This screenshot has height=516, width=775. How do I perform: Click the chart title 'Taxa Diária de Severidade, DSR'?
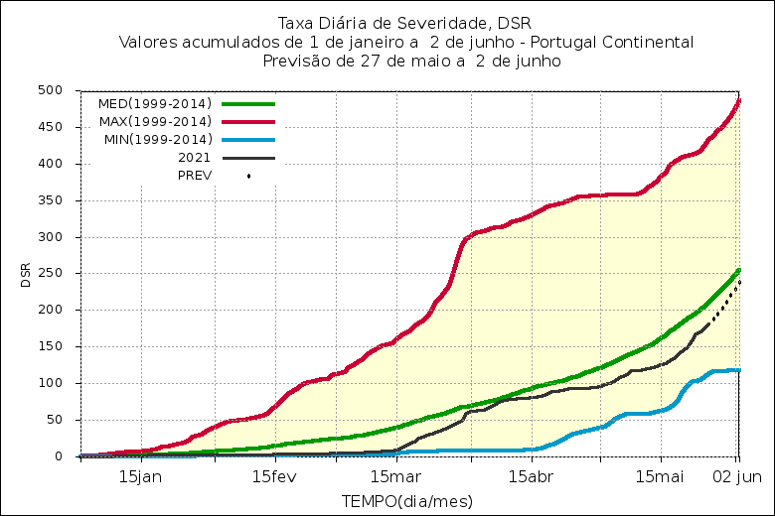(405, 24)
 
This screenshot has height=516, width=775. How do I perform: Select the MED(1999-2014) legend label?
(154, 103)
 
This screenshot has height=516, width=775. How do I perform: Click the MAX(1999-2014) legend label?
(154, 121)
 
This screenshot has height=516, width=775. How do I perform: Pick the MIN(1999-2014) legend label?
(157, 139)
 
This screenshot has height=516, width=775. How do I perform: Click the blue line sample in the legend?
(247, 139)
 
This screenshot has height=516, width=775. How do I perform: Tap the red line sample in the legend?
(247, 121)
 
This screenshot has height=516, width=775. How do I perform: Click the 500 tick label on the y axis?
(52, 90)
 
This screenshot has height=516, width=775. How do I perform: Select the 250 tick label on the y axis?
(52, 273)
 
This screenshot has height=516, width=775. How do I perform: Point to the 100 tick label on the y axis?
(52, 383)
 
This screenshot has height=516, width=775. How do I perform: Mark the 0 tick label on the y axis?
(60, 456)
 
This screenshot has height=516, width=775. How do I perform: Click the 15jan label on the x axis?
(141, 475)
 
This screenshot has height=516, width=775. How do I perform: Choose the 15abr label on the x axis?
(531, 475)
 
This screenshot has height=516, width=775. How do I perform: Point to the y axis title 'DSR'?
(26, 275)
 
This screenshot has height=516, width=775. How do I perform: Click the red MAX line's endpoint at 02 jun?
(738, 100)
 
